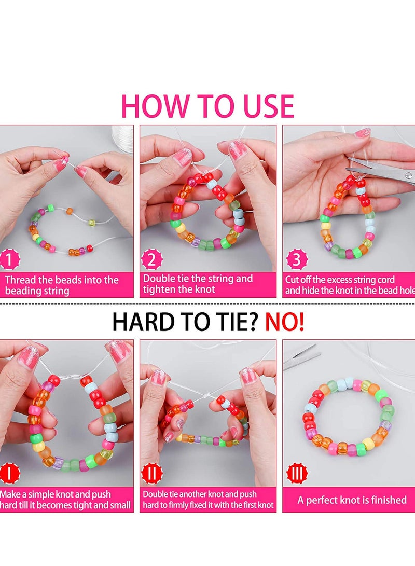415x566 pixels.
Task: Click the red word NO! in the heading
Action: (x=285, y=322)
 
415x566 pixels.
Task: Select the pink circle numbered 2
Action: (x=151, y=259)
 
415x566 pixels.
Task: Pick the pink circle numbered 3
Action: (x=297, y=259)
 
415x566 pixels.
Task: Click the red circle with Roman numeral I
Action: (x=9, y=473)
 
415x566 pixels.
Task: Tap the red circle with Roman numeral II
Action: (x=152, y=473)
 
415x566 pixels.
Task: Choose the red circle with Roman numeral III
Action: (x=297, y=473)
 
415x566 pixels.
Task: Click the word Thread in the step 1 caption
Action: (x=20, y=280)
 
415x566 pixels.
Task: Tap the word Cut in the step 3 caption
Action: (x=292, y=280)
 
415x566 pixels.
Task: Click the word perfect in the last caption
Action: (x=325, y=500)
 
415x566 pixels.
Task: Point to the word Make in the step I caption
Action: (x=9, y=494)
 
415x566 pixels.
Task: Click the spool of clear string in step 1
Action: (x=122, y=135)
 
